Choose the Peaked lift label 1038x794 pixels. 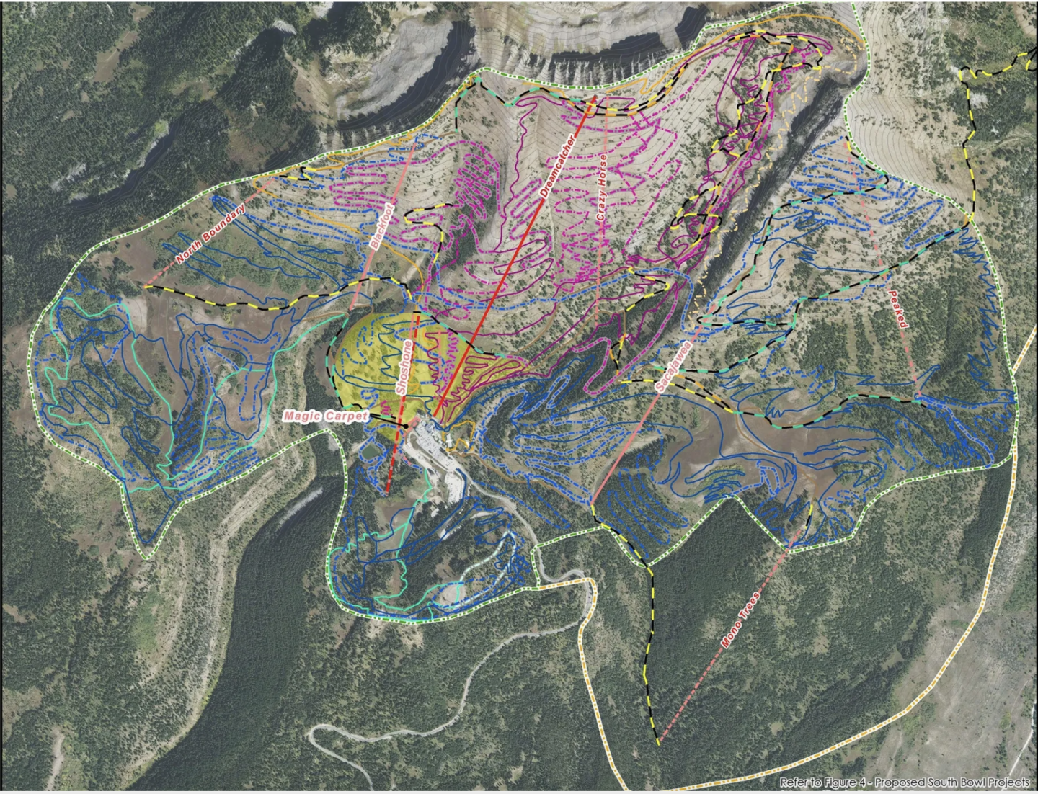[898, 309]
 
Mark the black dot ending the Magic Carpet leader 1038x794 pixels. [406, 426]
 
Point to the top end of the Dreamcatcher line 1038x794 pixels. [593, 97]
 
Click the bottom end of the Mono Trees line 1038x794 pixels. [658, 742]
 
